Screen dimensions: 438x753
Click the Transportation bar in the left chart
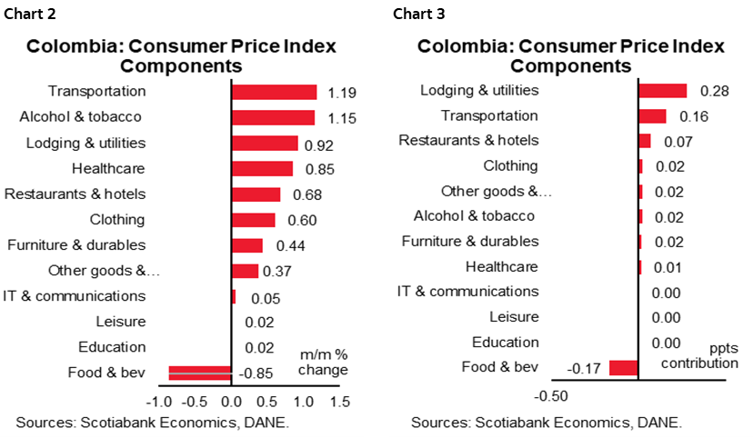point(274,92)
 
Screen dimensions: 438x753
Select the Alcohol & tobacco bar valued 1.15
point(273,117)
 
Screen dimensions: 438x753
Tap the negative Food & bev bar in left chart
point(200,372)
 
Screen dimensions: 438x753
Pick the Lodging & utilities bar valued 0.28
point(662,90)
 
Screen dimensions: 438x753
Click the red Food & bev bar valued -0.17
point(623,367)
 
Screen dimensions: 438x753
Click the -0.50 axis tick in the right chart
point(553,396)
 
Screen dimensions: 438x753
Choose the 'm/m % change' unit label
point(323,363)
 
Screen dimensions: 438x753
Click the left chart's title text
point(181,55)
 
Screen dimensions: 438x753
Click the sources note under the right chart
point(546,423)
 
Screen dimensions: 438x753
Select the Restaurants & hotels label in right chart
point(468,140)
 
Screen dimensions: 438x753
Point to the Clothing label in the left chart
point(117,219)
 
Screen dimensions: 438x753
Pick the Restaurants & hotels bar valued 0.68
point(256,194)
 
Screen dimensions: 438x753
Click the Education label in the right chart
point(505,342)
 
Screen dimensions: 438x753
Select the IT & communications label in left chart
point(75,295)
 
